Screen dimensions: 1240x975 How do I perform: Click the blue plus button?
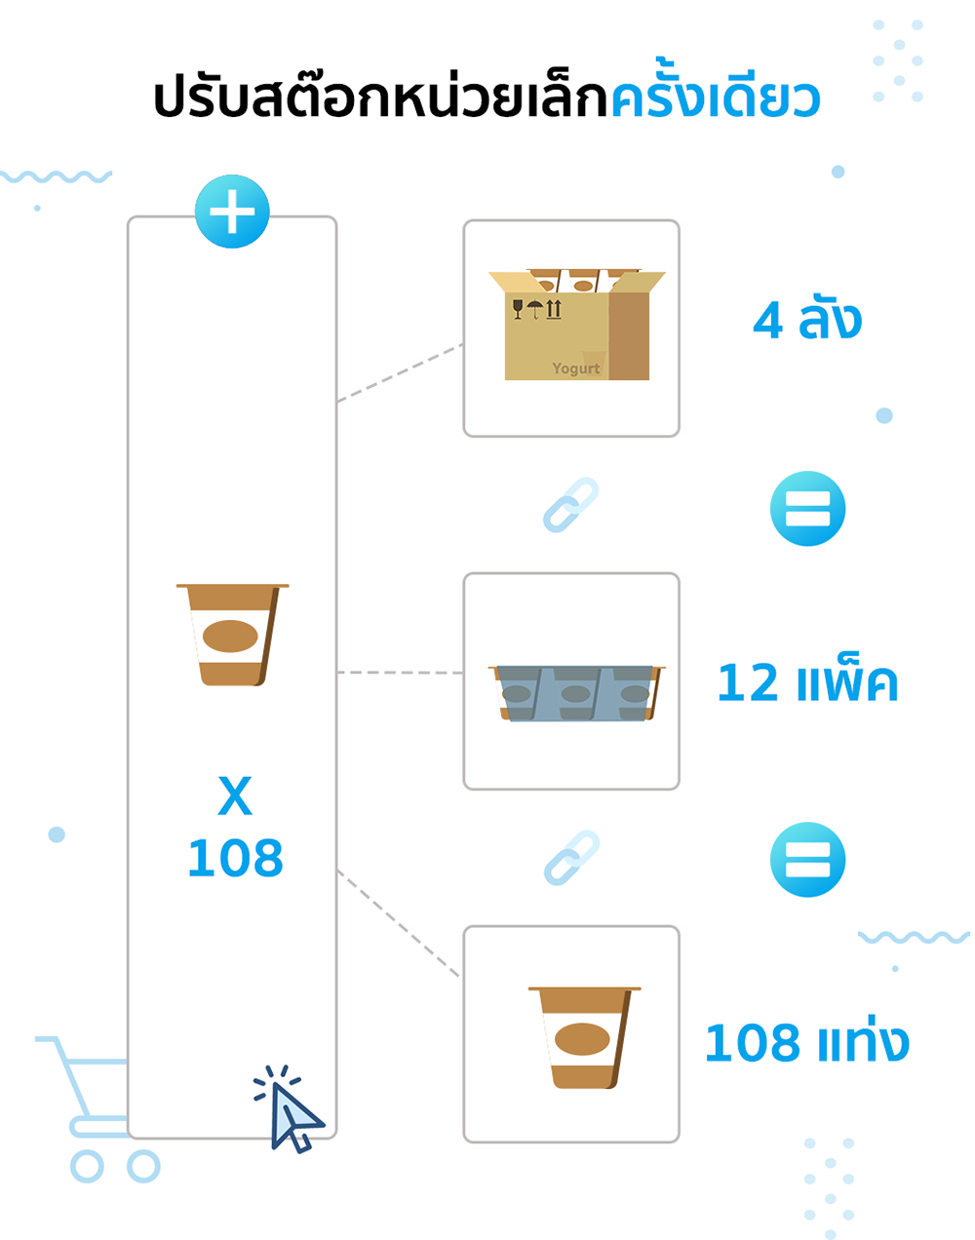coord(232,212)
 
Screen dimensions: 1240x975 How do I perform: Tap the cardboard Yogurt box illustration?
coord(575,327)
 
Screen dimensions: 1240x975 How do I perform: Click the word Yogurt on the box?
coord(576,368)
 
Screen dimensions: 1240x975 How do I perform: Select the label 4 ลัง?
coord(807,320)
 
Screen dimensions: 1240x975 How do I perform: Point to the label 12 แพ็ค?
coord(807,682)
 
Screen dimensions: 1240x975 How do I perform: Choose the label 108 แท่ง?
coord(806,1042)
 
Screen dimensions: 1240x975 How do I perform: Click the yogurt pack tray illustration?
coord(576,693)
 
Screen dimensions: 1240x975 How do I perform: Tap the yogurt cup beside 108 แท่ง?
coord(584,1037)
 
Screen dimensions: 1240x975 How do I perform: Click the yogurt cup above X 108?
coord(232,635)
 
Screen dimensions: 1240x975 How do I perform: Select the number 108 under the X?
coord(235,859)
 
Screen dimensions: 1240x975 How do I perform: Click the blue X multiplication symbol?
coord(235,796)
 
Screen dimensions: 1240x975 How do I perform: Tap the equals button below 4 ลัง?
coord(807,509)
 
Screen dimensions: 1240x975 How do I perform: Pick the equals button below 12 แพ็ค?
coord(807,860)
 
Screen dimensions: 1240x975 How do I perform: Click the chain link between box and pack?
coord(570,505)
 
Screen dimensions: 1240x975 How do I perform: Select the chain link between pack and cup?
coord(570,857)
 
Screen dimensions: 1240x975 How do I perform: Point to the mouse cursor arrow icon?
coord(292,1113)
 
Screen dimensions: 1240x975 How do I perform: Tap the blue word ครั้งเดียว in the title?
coord(715,98)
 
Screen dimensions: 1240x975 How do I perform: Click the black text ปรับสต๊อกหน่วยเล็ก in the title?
coord(380,98)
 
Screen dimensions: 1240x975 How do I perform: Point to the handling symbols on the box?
coord(537,309)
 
